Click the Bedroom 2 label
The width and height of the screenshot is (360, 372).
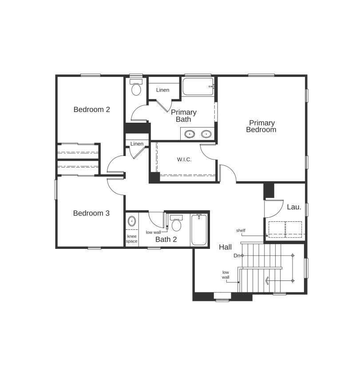pyautogui.click(x=91, y=109)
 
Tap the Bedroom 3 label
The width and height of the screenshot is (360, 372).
pyautogui.click(x=91, y=213)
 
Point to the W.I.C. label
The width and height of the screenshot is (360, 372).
pyautogui.click(x=184, y=160)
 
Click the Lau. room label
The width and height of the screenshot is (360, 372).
pyautogui.click(x=294, y=207)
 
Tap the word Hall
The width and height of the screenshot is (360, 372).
pyautogui.click(x=225, y=247)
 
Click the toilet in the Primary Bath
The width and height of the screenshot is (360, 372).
pyautogui.click(x=136, y=88)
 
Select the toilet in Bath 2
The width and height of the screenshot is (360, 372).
pyautogui.click(x=176, y=224)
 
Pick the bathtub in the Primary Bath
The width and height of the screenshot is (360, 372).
pyautogui.click(x=198, y=87)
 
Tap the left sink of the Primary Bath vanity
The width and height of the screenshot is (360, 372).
pyautogui.click(x=190, y=133)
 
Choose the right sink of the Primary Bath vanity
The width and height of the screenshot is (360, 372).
pyautogui.click(x=206, y=133)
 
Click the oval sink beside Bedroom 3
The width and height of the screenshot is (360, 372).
pyautogui.click(x=132, y=221)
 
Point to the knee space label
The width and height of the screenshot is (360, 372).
pyautogui.click(x=132, y=239)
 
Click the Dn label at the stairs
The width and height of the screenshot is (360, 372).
pyautogui.click(x=237, y=256)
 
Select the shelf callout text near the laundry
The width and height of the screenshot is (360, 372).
pyautogui.click(x=241, y=231)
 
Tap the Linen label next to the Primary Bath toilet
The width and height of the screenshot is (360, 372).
pyautogui.click(x=162, y=90)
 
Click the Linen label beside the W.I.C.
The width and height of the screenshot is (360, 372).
pyautogui.click(x=137, y=144)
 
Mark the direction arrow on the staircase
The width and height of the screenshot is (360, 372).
pyautogui.click(x=267, y=280)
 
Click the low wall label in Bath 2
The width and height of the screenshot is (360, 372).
pyautogui.click(x=154, y=232)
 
